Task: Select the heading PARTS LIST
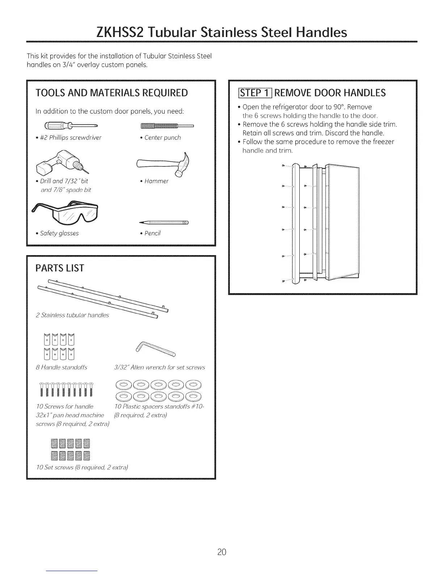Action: point(60,268)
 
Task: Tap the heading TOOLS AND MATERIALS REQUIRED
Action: point(112,93)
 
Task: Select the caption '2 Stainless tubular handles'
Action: point(72,315)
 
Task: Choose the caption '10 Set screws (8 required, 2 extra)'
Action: point(82,467)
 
